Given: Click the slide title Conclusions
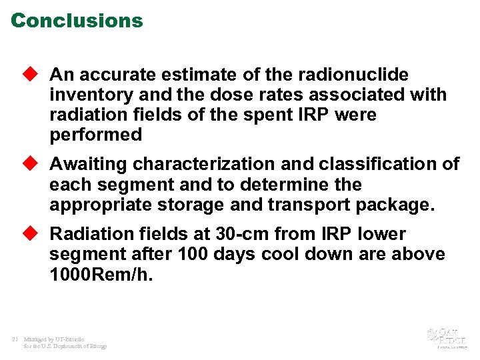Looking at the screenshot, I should (x=77, y=21).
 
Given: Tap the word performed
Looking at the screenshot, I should (x=95, y=135).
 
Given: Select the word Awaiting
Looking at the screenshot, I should (x=89, y=164).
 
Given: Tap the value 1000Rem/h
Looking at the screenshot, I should (x=101, y=274).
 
